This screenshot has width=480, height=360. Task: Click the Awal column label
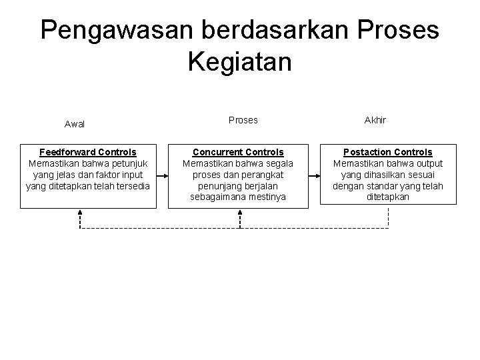coord(75,124)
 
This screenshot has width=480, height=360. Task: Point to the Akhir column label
coord(375,121)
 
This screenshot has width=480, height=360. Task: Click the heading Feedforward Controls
coord(88,153)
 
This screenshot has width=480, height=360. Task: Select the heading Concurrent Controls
coord(238,153)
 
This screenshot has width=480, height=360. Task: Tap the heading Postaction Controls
coord(388,153)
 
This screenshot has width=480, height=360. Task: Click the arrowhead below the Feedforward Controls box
coord(80,213)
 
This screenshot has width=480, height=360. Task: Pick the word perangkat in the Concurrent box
coord(263,175)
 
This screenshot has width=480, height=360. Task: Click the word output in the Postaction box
coord(428,163)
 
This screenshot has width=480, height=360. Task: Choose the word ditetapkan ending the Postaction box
coord(388,197)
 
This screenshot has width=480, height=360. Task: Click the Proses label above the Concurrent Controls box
coord(243,121)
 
